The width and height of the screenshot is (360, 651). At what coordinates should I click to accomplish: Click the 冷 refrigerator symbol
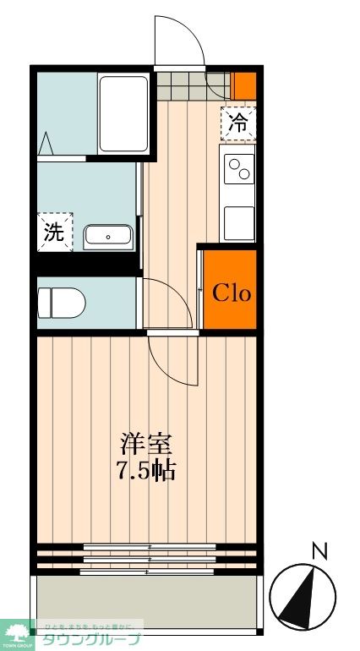pyautogui.click(x=239, y=122)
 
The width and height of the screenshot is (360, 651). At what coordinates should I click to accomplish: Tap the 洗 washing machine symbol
pyautogui.click(x=54, y=232)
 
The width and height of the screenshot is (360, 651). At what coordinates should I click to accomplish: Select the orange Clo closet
pyautogui.click(x=231, y=293)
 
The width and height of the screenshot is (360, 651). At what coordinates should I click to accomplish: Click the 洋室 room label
pyautogui.click(x=147, y=442)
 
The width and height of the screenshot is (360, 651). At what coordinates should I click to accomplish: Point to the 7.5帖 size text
pyautogui.click(x=147, y=470)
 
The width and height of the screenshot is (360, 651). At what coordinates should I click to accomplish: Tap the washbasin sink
pyautogui.click(x=108, y=238)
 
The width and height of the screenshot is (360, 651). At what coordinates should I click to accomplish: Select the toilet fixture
pyautogui.click(x=63, y=301)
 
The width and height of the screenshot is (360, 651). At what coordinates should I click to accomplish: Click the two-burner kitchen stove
pyautogui.click(x=238, y=170)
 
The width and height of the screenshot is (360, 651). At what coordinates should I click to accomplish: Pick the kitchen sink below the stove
pyautogui.click(x=238, y=222)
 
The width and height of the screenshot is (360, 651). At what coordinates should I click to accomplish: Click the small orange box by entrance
pyautogui.click(x=244, y=85)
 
